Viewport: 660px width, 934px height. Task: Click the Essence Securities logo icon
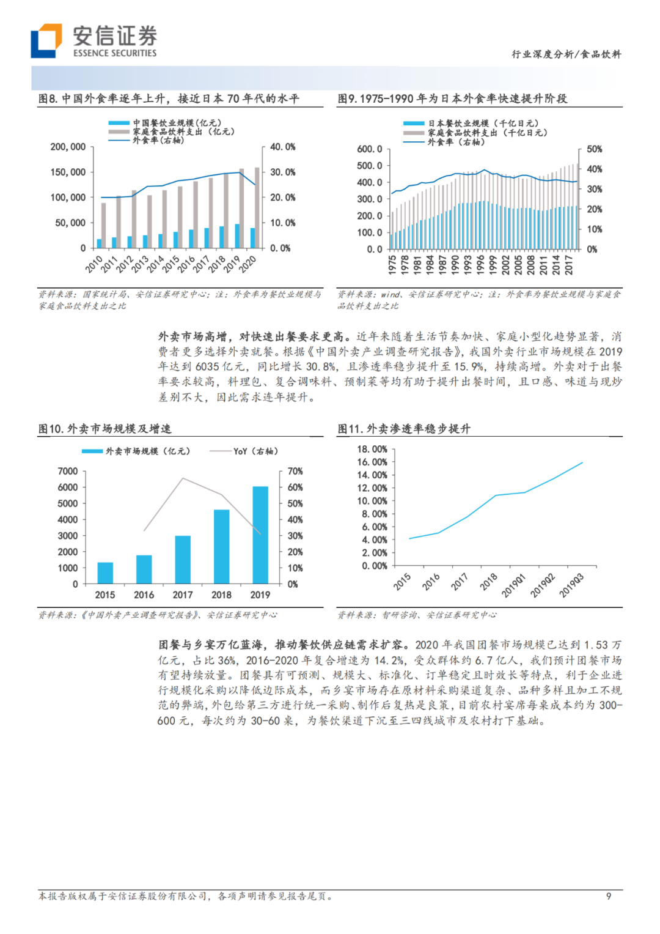pyautogui.click(x=46, y=40)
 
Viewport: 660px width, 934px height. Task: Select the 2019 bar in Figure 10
pyautogui.click(x=260, y=535)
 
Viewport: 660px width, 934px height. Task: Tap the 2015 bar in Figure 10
pyautogui.click(x=105, y=573)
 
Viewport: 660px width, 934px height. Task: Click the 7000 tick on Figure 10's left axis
pyautogui.click(x=68, y=471)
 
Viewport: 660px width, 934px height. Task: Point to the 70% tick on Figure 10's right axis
pyautogui.click(x=295, y=471)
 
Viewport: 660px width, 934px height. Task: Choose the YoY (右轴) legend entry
pyautogui.click(x=244, y=451)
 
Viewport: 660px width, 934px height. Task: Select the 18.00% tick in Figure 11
pyautogui.click(x=372, y=449)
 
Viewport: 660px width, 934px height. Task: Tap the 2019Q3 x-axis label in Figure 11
pyautogui.click(x=571, y=586)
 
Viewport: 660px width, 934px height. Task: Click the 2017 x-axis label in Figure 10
pyautogui.click(x=182, y=595)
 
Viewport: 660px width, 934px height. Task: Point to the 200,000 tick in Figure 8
pyautogui.click(x=68, y=147)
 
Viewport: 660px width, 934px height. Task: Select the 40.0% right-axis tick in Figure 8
pyautogui.click(x=282, y=147)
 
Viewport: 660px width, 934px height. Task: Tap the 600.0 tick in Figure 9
pyautogui.click(x=370, y=149)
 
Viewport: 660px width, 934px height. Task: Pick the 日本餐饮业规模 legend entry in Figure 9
pyautogui.click(x=471, y=124)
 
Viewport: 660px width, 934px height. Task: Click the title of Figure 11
pyautogui.click(x=404, y=429)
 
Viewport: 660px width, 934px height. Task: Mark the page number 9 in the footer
pyautogui.click(x=608, y=896)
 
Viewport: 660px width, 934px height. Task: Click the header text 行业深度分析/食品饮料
pyautogui.click(x=566, y=54)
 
